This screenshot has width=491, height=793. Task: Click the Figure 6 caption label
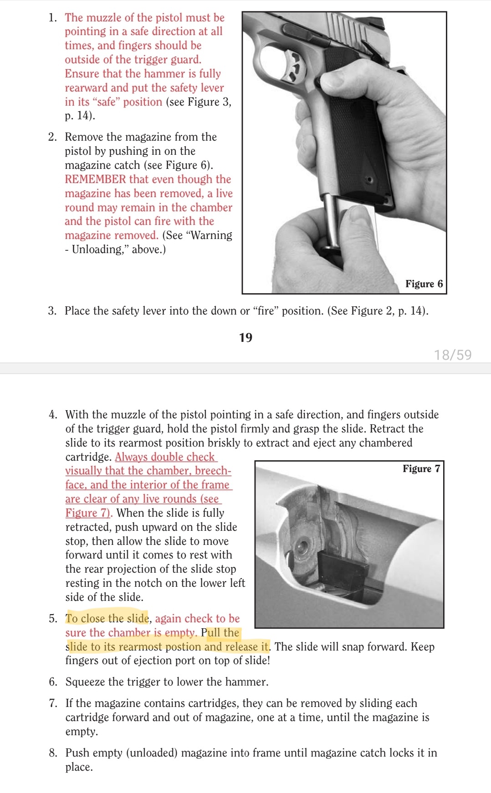pyautogui.click(x=424, y=284)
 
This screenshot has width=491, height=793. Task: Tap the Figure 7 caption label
pyautogui.click(x=421, y=469)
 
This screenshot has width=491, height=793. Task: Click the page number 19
pyautogui.click(x=245, y=337)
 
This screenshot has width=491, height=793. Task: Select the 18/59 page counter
pyautogui.click(x=452, y=355)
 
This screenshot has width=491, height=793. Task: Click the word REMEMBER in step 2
pyautogui.click(x=95, y=179)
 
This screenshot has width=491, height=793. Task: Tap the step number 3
pyautogui.click(x=52, y=311)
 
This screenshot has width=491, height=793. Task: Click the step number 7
pyautogui.click(x=53, y=703)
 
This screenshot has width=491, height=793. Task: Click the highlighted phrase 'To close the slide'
pyautogui.click(x=107, y=619)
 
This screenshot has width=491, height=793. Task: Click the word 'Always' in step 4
pyautogui.click(x=131, y=457)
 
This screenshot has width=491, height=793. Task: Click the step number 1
pyautogui.click(x=52, y=18)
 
